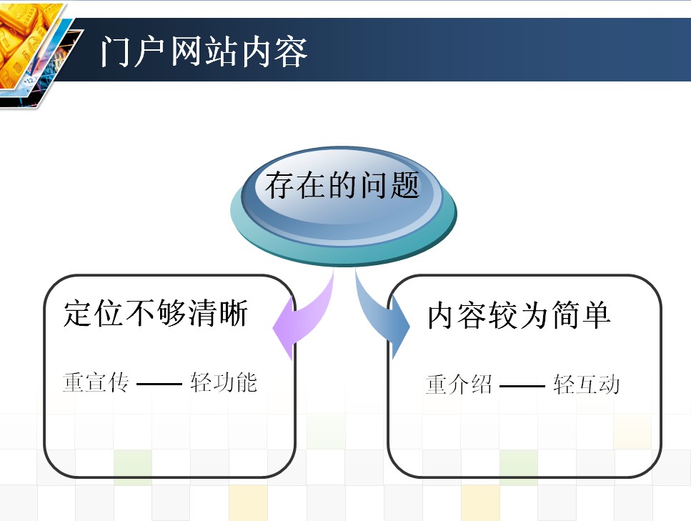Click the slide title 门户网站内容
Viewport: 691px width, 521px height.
tap(204, 51)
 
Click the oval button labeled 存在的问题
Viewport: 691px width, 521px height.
tap(343, 206)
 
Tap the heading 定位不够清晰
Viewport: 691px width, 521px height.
tap(156, 313)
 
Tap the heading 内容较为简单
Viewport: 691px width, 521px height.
tap(519, 315)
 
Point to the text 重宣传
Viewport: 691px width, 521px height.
tap(96, 382)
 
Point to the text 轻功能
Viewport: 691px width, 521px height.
tap(224, 382)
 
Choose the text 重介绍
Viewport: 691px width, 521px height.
tap(459, 384)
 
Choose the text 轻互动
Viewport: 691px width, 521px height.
tap(587, 384)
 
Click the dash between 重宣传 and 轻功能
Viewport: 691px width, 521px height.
tap(159, 384)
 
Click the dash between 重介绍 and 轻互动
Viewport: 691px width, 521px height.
tap(522, 386)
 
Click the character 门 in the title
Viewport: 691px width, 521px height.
tap(116, 52)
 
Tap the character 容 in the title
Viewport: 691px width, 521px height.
tap(291, 52)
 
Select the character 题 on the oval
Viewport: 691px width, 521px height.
tap(405, 185)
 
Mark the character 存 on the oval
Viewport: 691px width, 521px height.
tap(280, 185)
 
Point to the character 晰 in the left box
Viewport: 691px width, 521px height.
tap(234, 313)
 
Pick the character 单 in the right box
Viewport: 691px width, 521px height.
tap(596, 315)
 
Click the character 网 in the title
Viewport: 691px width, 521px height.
tap(186, 52)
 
